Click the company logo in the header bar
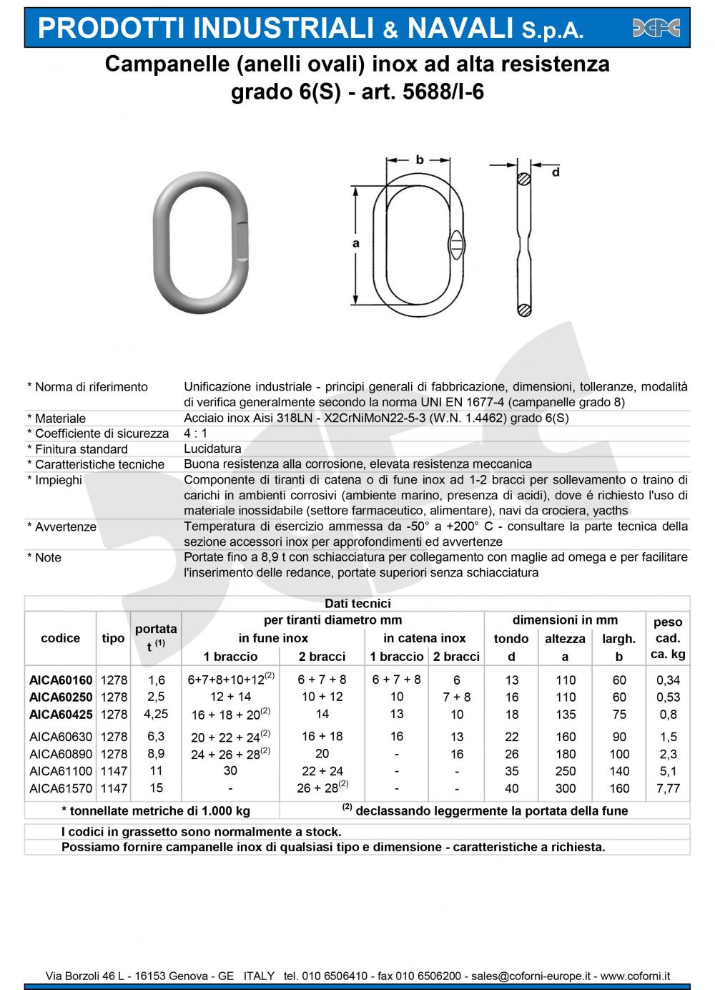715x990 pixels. (x=656, y=28)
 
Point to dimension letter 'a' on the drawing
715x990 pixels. (x=356, y=244)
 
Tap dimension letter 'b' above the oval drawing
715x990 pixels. (x=420, y=160)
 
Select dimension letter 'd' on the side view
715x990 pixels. (x=555, y=172)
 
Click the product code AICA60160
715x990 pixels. (x=61, y=680)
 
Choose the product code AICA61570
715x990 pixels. (x=61, y=788)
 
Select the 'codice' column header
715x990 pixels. (x=61, y=638)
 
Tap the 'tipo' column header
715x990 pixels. (x=113, y=638)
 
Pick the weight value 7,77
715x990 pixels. (x=668, y=788)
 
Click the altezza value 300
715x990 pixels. (x=565, y=788)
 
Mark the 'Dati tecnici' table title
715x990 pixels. (x=357, y=604)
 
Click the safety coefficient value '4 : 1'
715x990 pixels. (x=195, y=433)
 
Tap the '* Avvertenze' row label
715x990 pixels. (x=61, y=526)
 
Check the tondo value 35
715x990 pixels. (x=511, y=771)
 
